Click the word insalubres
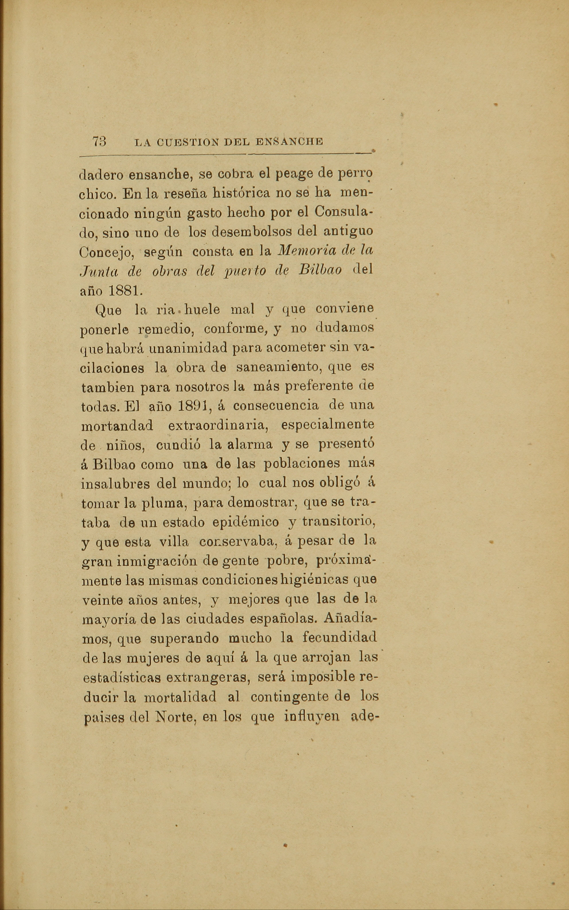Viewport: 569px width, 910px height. tap(114, 484)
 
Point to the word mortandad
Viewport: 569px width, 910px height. tap(117, 426)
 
